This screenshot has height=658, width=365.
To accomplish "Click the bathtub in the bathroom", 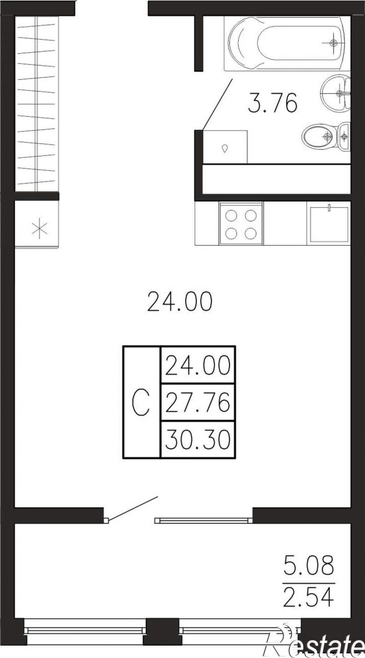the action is point(287,43).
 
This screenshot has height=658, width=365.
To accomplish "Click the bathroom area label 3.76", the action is point(272,103).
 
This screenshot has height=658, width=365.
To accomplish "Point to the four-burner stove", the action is point(241,224).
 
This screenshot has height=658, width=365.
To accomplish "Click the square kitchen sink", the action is point(329,225).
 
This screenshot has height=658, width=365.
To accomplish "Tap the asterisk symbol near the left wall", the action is point(40,229).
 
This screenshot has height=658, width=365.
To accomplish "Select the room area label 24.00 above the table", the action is point(180,301).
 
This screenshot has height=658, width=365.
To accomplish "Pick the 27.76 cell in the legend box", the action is point(197,402).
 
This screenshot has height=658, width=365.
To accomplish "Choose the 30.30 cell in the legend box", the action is point(197,440).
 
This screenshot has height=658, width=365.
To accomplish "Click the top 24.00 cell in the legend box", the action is point(197,365).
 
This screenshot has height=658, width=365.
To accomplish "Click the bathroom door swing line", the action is point(217,104).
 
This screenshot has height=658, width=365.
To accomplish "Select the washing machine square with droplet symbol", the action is point(225,146).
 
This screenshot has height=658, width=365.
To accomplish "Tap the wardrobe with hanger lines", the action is point(37,104).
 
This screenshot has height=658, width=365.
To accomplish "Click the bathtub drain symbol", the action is point(333,43).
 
